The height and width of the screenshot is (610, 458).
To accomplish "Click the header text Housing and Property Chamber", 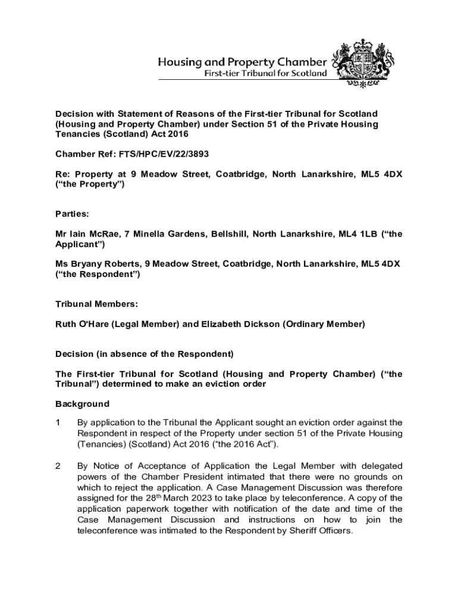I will tap(241, 62).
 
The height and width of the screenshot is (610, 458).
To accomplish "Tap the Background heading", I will tap(82, 404).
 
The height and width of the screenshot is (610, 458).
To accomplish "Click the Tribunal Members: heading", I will tap(96, 304).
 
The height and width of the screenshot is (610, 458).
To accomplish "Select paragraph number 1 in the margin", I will tap(58, 423).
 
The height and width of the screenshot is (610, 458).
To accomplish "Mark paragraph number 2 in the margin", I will tap(58, 466).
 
